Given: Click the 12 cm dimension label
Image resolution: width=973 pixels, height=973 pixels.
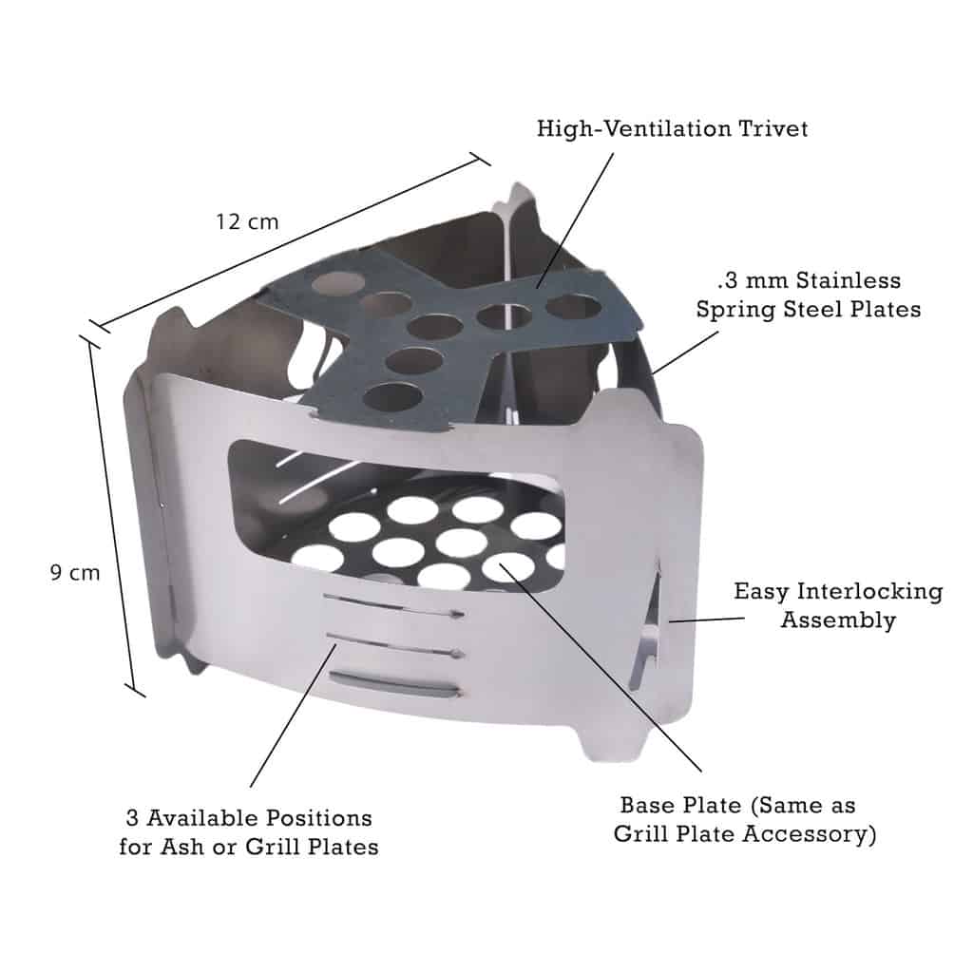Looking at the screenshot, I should [247, 221].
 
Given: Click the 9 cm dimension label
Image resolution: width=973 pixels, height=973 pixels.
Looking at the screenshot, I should [74, 573].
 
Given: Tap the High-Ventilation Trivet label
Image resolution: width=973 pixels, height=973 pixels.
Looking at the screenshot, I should [672, 128].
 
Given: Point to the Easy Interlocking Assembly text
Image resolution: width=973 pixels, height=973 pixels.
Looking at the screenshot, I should [838, 605].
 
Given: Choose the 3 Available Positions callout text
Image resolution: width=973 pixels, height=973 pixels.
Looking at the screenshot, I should [249, 831].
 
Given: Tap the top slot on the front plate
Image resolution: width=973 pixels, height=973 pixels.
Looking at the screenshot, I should [391, 605].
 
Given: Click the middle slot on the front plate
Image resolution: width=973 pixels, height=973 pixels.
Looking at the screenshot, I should [391, 643].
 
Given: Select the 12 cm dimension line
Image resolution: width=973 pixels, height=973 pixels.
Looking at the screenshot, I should [295, 243].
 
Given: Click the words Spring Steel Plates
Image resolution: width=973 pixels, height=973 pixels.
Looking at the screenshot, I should [808, 310].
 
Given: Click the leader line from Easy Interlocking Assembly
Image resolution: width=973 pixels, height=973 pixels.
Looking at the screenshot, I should [703, 619].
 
